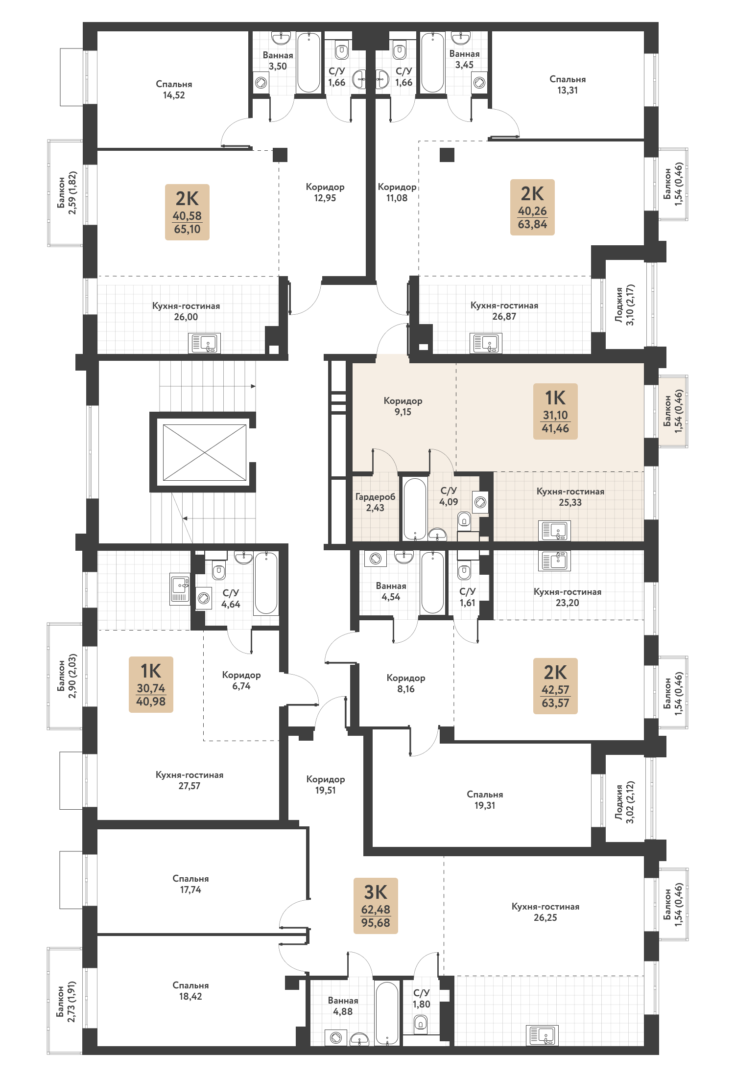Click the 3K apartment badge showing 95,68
pos(376,906)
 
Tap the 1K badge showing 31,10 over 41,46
pos(555,411)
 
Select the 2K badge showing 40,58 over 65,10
pos(187,212)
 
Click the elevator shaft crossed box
pos(204,452)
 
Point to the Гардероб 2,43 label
pos(375,502)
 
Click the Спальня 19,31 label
pos(485,799)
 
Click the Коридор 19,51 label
pos(326,784)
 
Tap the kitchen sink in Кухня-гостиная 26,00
pos(205,343)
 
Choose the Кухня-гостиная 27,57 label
pos(190,780)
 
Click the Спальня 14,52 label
pos(174,90)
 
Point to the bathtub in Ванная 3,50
pos(308,62)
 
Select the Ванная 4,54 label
pos(391,591)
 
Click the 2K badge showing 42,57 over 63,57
pos(555,686)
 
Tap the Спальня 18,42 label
pos(190,990)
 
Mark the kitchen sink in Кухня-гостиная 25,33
pos(554,531)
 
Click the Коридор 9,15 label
pos(403,406)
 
